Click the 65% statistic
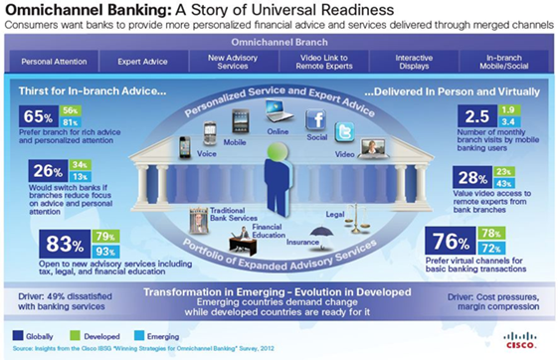click(36, 115)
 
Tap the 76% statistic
click(447, 242)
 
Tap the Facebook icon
click(317, 120)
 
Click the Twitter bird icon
click(345, 132)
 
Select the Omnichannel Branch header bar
click(279, 44)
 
